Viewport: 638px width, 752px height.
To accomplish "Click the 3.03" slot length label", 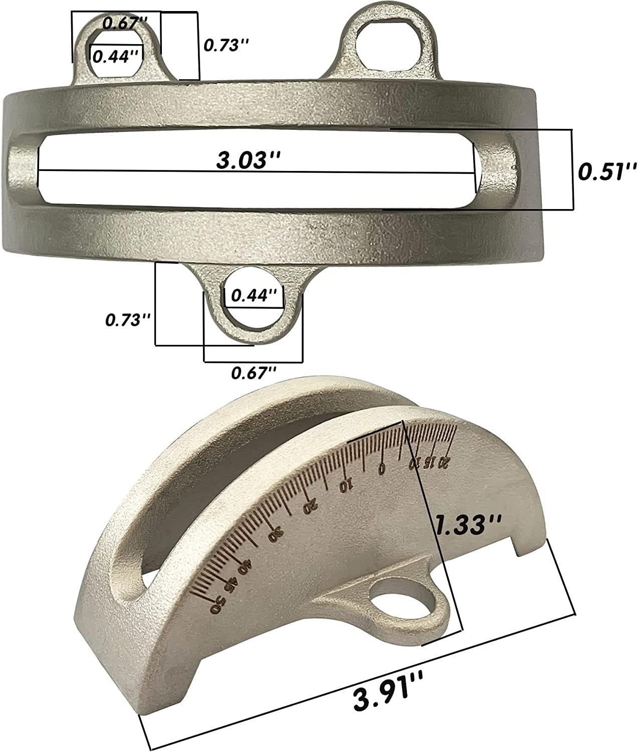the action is point(248,159).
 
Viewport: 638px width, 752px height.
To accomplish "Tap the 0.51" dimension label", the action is point(607,171).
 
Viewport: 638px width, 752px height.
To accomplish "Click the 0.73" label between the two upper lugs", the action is point(226,45).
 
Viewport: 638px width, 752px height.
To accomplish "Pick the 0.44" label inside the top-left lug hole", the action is point(115,56).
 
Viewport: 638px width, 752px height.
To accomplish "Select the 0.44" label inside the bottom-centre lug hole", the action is point(254,295).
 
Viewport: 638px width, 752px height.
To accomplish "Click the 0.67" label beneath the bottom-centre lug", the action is point(254,372).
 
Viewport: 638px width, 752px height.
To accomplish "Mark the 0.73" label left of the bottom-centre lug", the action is point(128,320).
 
